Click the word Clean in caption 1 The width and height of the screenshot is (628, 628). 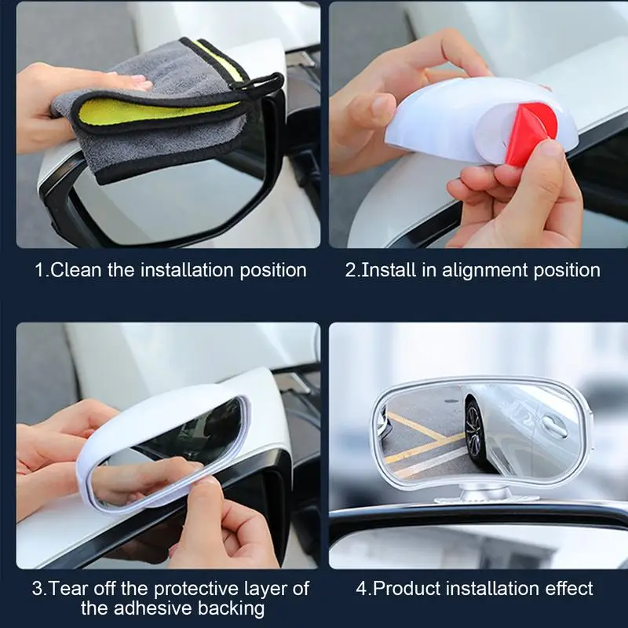[78, 271]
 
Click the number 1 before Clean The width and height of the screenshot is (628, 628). [40, 271]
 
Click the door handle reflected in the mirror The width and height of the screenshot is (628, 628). [553, 426]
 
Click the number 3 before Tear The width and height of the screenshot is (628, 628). [38, 588]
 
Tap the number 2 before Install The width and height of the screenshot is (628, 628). [351, 271]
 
